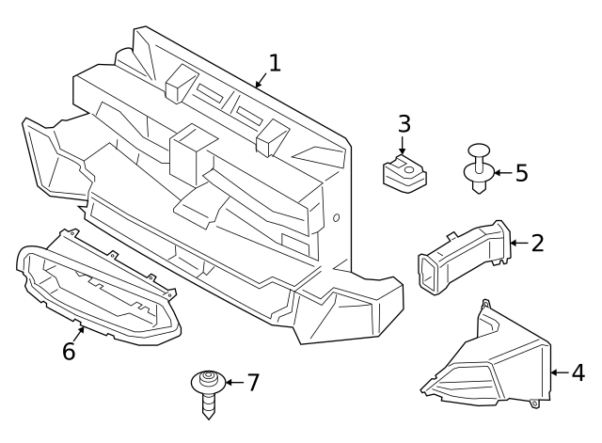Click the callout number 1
coord(274,64)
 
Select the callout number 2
coord(537,244)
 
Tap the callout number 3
coord(404,123)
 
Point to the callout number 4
coord(578,372)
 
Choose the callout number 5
coord(520,173)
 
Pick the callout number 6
coord(69,352)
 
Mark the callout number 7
coord(251,383)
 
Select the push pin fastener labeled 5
coord(480,169)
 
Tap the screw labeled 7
coord(206,391)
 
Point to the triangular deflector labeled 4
coord(489,362)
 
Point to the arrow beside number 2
coord(517,244)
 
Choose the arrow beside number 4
coord(559,372)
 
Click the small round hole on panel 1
coord(336,219)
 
